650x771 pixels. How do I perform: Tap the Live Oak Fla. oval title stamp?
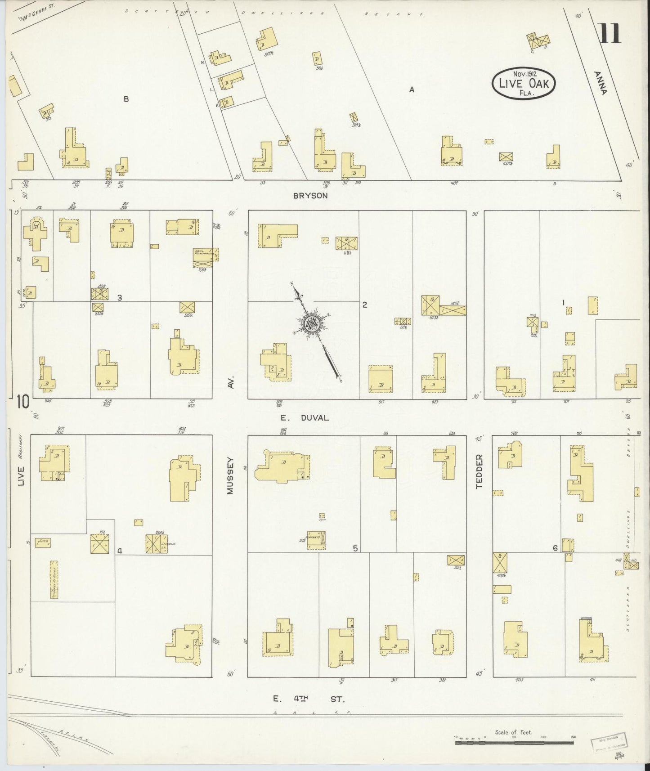pyautogui.click(x=523, y=83)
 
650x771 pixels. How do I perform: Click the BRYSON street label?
pyautogui.click(x=310, y=196)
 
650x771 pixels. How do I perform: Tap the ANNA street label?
pyautogui.click(x=600, y=83)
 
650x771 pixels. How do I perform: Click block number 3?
pyautogui.click(x=119, y=297)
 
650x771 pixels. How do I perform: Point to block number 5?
pyautogui.click(x=355, y=548)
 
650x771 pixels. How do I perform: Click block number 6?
pyautogui.click(x=555, y=548)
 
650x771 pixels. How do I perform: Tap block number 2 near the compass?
pyautogui.click(x=365, y=305)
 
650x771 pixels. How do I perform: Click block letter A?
pyautogui.click(x=411, y=90)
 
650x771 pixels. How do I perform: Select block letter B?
pyautogui.click(x=126, y=99)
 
